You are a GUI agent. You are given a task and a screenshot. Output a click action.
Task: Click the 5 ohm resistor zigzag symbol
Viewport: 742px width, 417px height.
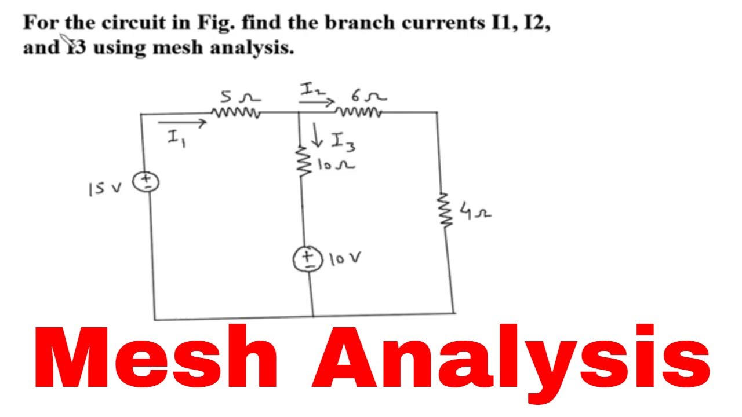point(236,112)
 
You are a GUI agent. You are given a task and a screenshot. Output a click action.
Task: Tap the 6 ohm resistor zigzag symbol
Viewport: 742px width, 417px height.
point(358,112)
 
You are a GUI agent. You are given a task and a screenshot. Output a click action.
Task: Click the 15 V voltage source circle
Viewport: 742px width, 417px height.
point(146,182)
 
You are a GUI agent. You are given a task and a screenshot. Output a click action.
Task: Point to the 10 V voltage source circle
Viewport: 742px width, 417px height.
point(308,259)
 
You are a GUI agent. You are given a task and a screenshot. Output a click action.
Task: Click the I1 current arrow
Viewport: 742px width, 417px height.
point(182,123)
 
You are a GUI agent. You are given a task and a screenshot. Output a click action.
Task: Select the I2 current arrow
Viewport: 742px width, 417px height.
point(317,103)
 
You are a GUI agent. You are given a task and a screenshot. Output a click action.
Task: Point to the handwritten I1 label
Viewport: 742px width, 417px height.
point(177,138)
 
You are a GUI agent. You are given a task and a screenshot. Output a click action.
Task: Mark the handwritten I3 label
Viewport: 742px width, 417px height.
point(343,142)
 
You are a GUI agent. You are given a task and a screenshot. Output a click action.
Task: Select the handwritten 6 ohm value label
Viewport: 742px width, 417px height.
point(369,96)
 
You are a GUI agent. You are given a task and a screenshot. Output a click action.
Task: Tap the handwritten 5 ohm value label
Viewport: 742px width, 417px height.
point(240,96)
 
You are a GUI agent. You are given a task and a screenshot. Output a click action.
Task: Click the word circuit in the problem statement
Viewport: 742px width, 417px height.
point(133,23)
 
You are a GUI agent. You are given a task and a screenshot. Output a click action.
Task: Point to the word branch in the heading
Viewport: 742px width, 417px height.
point(359,23)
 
